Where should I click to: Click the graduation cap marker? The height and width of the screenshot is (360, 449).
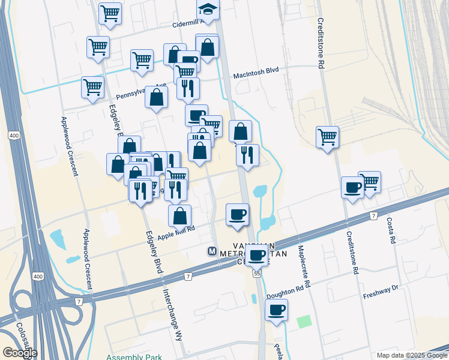click(x=208, y=10)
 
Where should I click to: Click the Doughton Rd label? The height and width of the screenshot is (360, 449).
click(x=285, y=292)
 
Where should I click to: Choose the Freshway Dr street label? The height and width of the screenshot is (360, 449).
click(x=381, y=292)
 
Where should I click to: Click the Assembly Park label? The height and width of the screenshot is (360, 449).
click(x=134, y=357)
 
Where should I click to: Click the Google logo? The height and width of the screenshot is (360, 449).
click(x=20, y=353)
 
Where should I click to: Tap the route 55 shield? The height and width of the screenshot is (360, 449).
click(x=257, y=273)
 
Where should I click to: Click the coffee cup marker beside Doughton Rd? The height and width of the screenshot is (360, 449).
click(x=276, y=310)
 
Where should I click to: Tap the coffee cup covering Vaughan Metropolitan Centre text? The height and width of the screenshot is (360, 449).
click(x=257, y=255)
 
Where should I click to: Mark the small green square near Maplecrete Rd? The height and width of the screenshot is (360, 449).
click(x=305, y=322)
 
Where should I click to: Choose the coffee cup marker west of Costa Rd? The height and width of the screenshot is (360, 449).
click(x=352, y=187)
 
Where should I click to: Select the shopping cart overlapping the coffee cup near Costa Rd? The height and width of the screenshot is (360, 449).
click(x=370, y=180)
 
